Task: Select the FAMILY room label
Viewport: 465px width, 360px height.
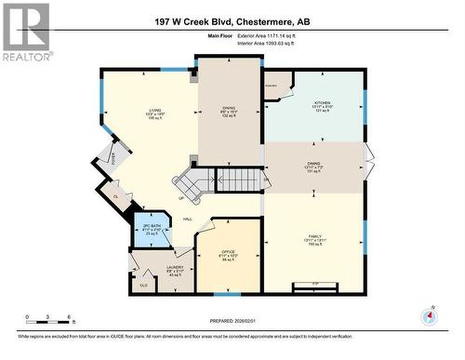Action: click(x=313, y=239)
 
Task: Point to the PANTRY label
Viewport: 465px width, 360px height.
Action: click(x=272, y=85)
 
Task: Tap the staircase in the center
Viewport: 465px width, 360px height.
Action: click(x=193, y=182)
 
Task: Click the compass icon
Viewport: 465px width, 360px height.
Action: click(x=428, y=314)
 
